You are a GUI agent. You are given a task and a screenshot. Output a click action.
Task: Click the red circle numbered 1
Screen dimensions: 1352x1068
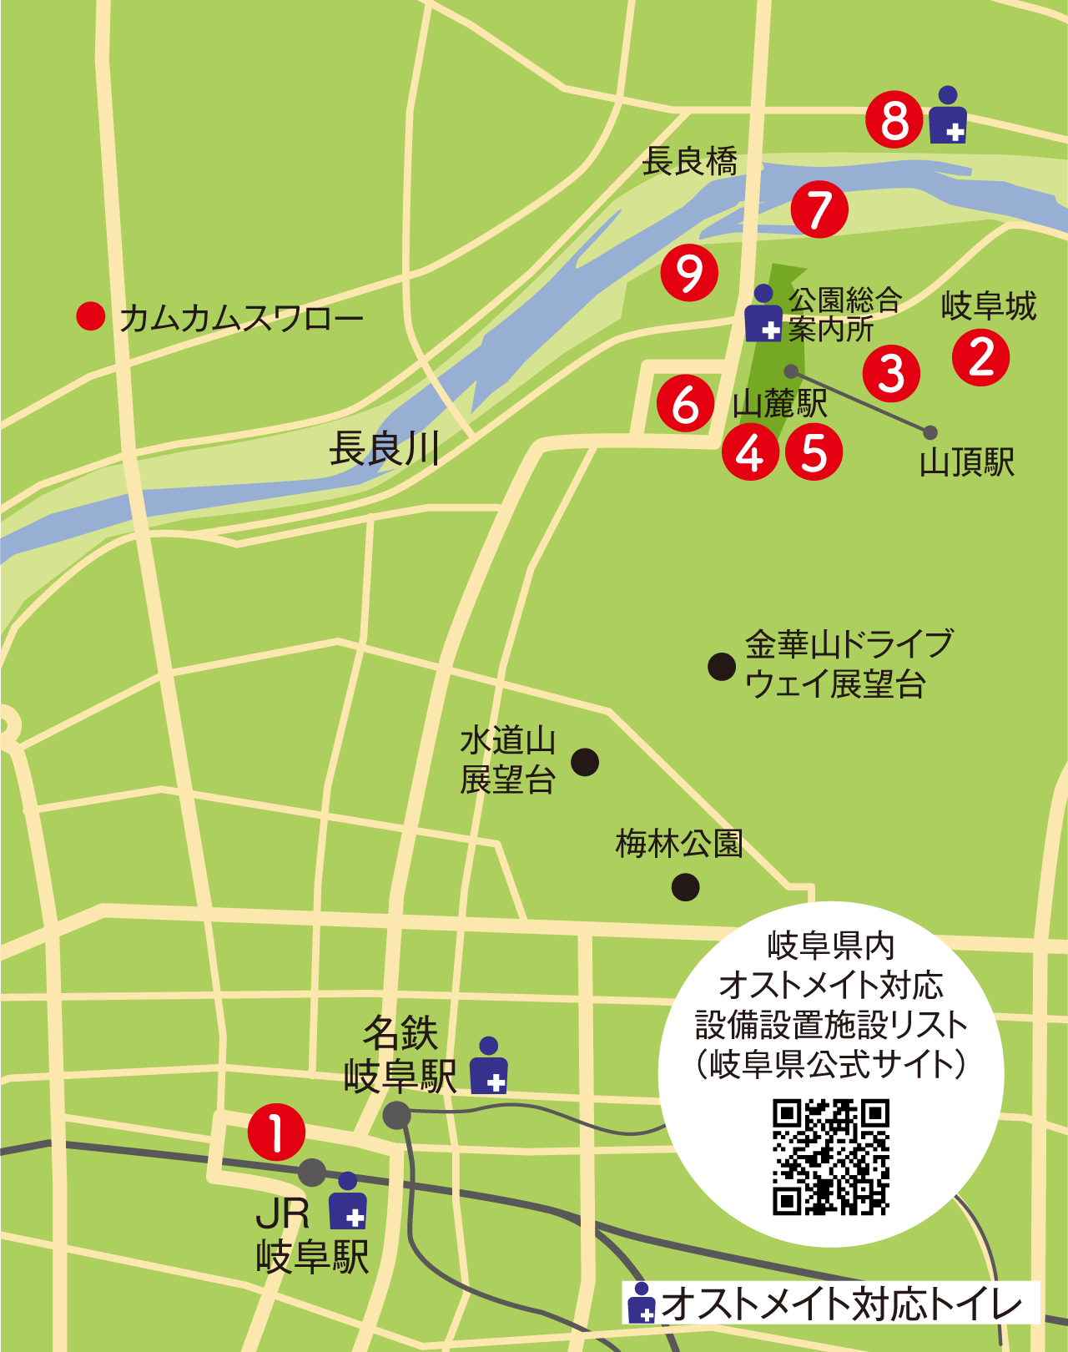click(x=276, y=1133)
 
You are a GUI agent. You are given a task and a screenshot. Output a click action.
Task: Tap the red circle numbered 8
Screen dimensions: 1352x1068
click(x=894, y=120)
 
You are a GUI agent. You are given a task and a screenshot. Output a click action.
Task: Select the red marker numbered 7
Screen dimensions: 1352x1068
click(x=819, y=209)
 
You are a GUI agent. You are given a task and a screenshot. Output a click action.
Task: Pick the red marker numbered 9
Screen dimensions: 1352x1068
click(x=689, y=273)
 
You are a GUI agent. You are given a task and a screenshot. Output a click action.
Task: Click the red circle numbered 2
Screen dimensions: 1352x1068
click(x=981, y=358)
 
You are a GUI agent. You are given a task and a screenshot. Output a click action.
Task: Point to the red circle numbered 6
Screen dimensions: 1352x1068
click(x=686, y=404)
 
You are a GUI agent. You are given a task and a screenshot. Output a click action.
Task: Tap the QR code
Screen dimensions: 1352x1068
click(x=831, y=1157)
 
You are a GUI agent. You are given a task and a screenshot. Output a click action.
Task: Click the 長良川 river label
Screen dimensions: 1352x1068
click(x=385, y=449)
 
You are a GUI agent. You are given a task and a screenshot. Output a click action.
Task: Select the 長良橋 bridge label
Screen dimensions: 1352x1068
click(x=689, y=161)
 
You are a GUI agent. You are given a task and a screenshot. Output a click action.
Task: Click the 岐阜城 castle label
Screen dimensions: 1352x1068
click(x=989, y=306)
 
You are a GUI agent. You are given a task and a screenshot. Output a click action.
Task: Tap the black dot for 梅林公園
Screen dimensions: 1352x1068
click(x=685, y=886)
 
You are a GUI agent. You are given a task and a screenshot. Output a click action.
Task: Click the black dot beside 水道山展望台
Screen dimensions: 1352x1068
click(x=585, y=761)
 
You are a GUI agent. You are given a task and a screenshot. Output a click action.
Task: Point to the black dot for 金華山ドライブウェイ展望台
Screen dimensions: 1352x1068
click(x=722, y=666)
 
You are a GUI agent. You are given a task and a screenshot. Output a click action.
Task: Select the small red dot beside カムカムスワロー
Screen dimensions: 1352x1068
click(x=90, y=316)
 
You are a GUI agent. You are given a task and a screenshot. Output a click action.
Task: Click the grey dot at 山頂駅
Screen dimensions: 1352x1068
click(x=930, y=432)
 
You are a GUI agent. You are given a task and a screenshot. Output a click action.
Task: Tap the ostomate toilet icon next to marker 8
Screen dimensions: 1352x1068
click(x=948, y=115)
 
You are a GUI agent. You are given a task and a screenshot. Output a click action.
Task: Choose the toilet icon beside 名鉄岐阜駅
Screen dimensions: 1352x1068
click(x=489, y=1066)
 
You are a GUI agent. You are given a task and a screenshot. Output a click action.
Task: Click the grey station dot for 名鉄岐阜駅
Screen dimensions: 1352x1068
click(x=396, y=1114)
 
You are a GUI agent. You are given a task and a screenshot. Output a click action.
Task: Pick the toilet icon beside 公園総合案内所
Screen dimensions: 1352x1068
click(x=763, y=314)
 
